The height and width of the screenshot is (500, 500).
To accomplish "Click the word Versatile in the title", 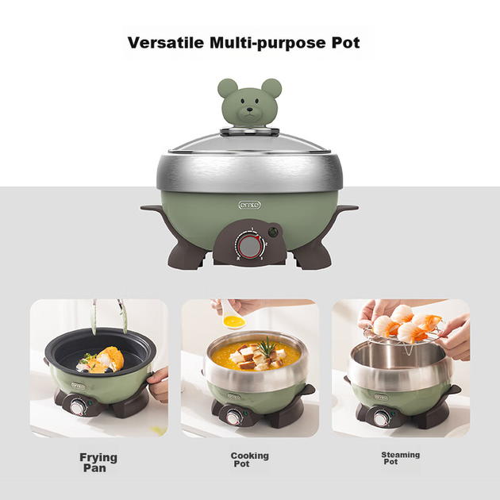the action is point(166,42).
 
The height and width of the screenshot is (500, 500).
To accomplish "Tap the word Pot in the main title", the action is point(346,42).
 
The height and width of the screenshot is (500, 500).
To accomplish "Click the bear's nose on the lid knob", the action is point(250,110).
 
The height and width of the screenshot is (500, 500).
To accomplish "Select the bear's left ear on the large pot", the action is point(228,88).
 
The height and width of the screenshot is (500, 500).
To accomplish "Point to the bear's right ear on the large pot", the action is point(271,88).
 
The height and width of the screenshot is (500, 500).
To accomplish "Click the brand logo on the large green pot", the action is point(250,205).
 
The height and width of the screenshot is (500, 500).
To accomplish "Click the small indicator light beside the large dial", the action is point(272,232).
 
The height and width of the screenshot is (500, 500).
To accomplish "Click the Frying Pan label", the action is point(98,463).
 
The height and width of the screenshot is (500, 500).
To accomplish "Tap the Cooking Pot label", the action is point(249,460).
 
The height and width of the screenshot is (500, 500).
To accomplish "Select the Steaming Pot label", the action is point(400,458).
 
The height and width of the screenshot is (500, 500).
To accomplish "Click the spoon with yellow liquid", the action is point(230,315).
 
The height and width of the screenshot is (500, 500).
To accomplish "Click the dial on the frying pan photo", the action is point(78,408).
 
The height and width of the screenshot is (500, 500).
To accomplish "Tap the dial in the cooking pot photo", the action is point(234,417).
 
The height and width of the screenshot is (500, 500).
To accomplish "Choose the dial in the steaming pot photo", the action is point(382,417).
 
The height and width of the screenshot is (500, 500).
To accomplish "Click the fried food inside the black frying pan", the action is point(102,360).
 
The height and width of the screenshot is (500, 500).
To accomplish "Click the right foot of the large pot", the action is point(313,255).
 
